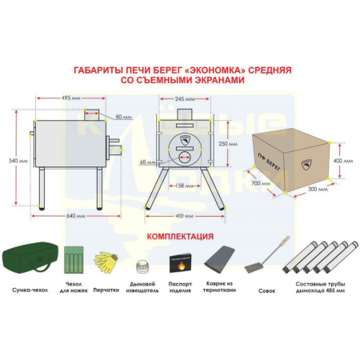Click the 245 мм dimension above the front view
[185, 99]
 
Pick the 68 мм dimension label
[146, 162]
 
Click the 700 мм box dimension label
[258, 184]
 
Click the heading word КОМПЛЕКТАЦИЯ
[179, 237]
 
